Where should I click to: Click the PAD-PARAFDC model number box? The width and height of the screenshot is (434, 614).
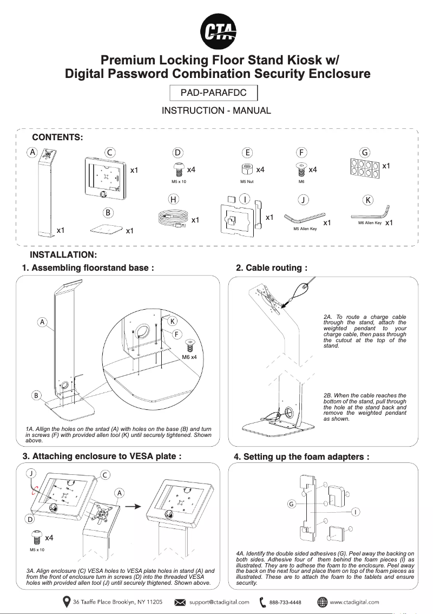(213, 93)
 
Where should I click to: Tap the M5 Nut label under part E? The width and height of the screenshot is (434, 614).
(247, 182)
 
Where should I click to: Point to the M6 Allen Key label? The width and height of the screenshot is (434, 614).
(370, 223)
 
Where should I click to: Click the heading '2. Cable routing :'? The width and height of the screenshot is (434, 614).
(272, 267)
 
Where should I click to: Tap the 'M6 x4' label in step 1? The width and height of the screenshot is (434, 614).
(189, 357)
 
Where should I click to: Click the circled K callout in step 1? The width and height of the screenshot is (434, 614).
(172, 321)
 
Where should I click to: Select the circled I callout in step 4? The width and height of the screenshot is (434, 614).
(354, 512)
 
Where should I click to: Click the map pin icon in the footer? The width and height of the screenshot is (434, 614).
(66, 602)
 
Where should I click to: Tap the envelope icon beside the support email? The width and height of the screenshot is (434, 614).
(181, 602)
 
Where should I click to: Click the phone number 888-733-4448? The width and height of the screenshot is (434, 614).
(285, 602)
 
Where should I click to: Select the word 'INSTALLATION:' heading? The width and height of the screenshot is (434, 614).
(63, 255)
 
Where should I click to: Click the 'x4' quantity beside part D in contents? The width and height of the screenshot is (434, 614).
(191, 169)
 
